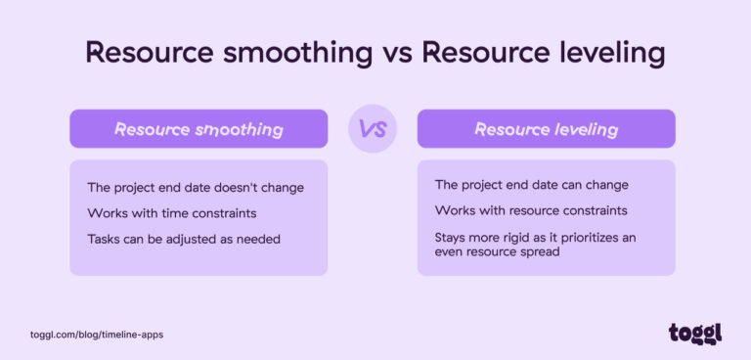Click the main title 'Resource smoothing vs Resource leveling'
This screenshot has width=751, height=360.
375,53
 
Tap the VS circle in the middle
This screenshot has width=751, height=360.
373,129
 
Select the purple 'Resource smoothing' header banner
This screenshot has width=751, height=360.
199,129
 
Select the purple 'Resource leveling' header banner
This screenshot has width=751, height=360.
546,129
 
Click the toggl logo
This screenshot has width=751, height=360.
695,333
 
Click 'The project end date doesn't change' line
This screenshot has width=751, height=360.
196,188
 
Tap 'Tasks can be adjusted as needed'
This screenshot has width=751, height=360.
183,239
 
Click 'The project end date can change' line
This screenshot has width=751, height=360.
531,185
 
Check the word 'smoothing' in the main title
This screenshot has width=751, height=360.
295,53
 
